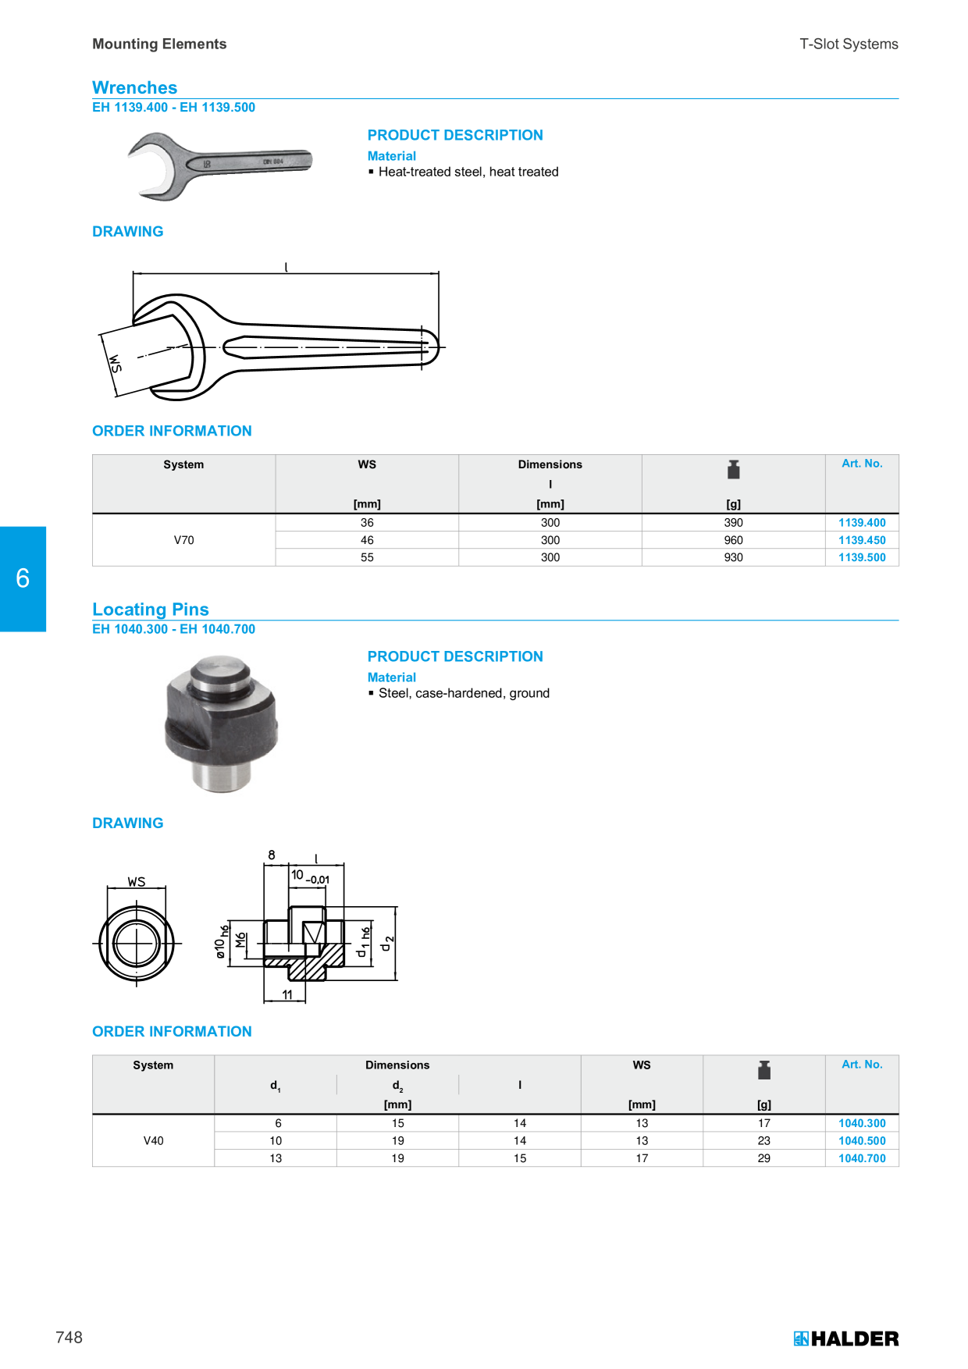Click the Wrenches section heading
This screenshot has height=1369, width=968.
click(x=134, y=87)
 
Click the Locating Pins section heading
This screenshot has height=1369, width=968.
click(x=151, y=609)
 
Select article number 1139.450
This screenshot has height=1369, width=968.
click(x=862, y=540)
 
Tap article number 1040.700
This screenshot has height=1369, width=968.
click(x=862, y=1158)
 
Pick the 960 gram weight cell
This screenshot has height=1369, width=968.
click(x=733, y=540)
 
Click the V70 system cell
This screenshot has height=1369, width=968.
click(x=183, y=540)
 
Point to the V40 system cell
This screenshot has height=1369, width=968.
click(x=153, y=1141)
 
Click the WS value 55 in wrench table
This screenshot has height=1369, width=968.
click(x=367, y=557)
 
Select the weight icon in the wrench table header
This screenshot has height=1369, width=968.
click(x=733, y=469)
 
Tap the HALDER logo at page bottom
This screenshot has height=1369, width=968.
click(x=846, y=1339)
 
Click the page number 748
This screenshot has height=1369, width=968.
click(x=69, y=1337)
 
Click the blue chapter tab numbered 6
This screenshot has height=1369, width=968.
click(x=23, y=578)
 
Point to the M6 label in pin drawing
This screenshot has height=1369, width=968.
click(x=240, y=941)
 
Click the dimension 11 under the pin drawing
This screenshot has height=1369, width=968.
click(x=287, y=994)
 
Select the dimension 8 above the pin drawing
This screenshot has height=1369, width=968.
click(x=272, y=855)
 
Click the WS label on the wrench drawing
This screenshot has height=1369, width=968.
click(x=115, y=364)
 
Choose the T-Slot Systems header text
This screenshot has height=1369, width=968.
click(x=849, y=44)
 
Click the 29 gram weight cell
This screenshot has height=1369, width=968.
click(x=763, y=1158)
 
